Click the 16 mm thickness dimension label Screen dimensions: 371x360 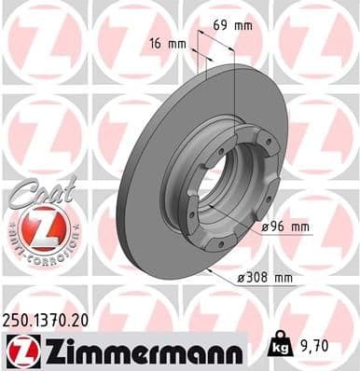pyautogui.click(x=167, y=43)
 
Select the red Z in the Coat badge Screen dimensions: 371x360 pyautogui.click(x=34, y=227)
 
